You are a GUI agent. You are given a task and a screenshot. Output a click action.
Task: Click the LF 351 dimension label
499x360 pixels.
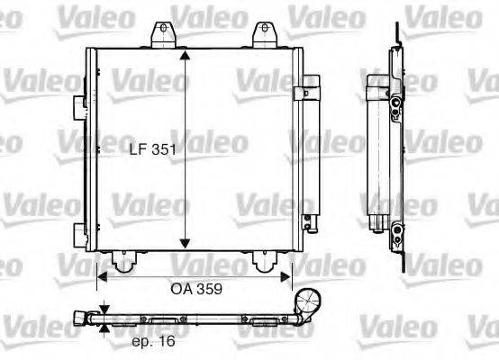pyautogui.click(x=149, y=151)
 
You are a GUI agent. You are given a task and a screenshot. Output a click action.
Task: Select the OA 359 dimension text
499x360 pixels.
pyautogui.click(x=196, y=290)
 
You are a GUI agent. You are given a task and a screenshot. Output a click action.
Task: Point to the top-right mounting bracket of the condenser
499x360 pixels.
pyautogui.click(x=264, y=34)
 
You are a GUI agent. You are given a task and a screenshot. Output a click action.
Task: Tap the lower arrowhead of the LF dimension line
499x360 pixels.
pyautogui.click(x=184, y=243)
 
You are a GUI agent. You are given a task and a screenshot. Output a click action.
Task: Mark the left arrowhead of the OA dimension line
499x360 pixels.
pyautogui.click(x=102, y=276)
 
